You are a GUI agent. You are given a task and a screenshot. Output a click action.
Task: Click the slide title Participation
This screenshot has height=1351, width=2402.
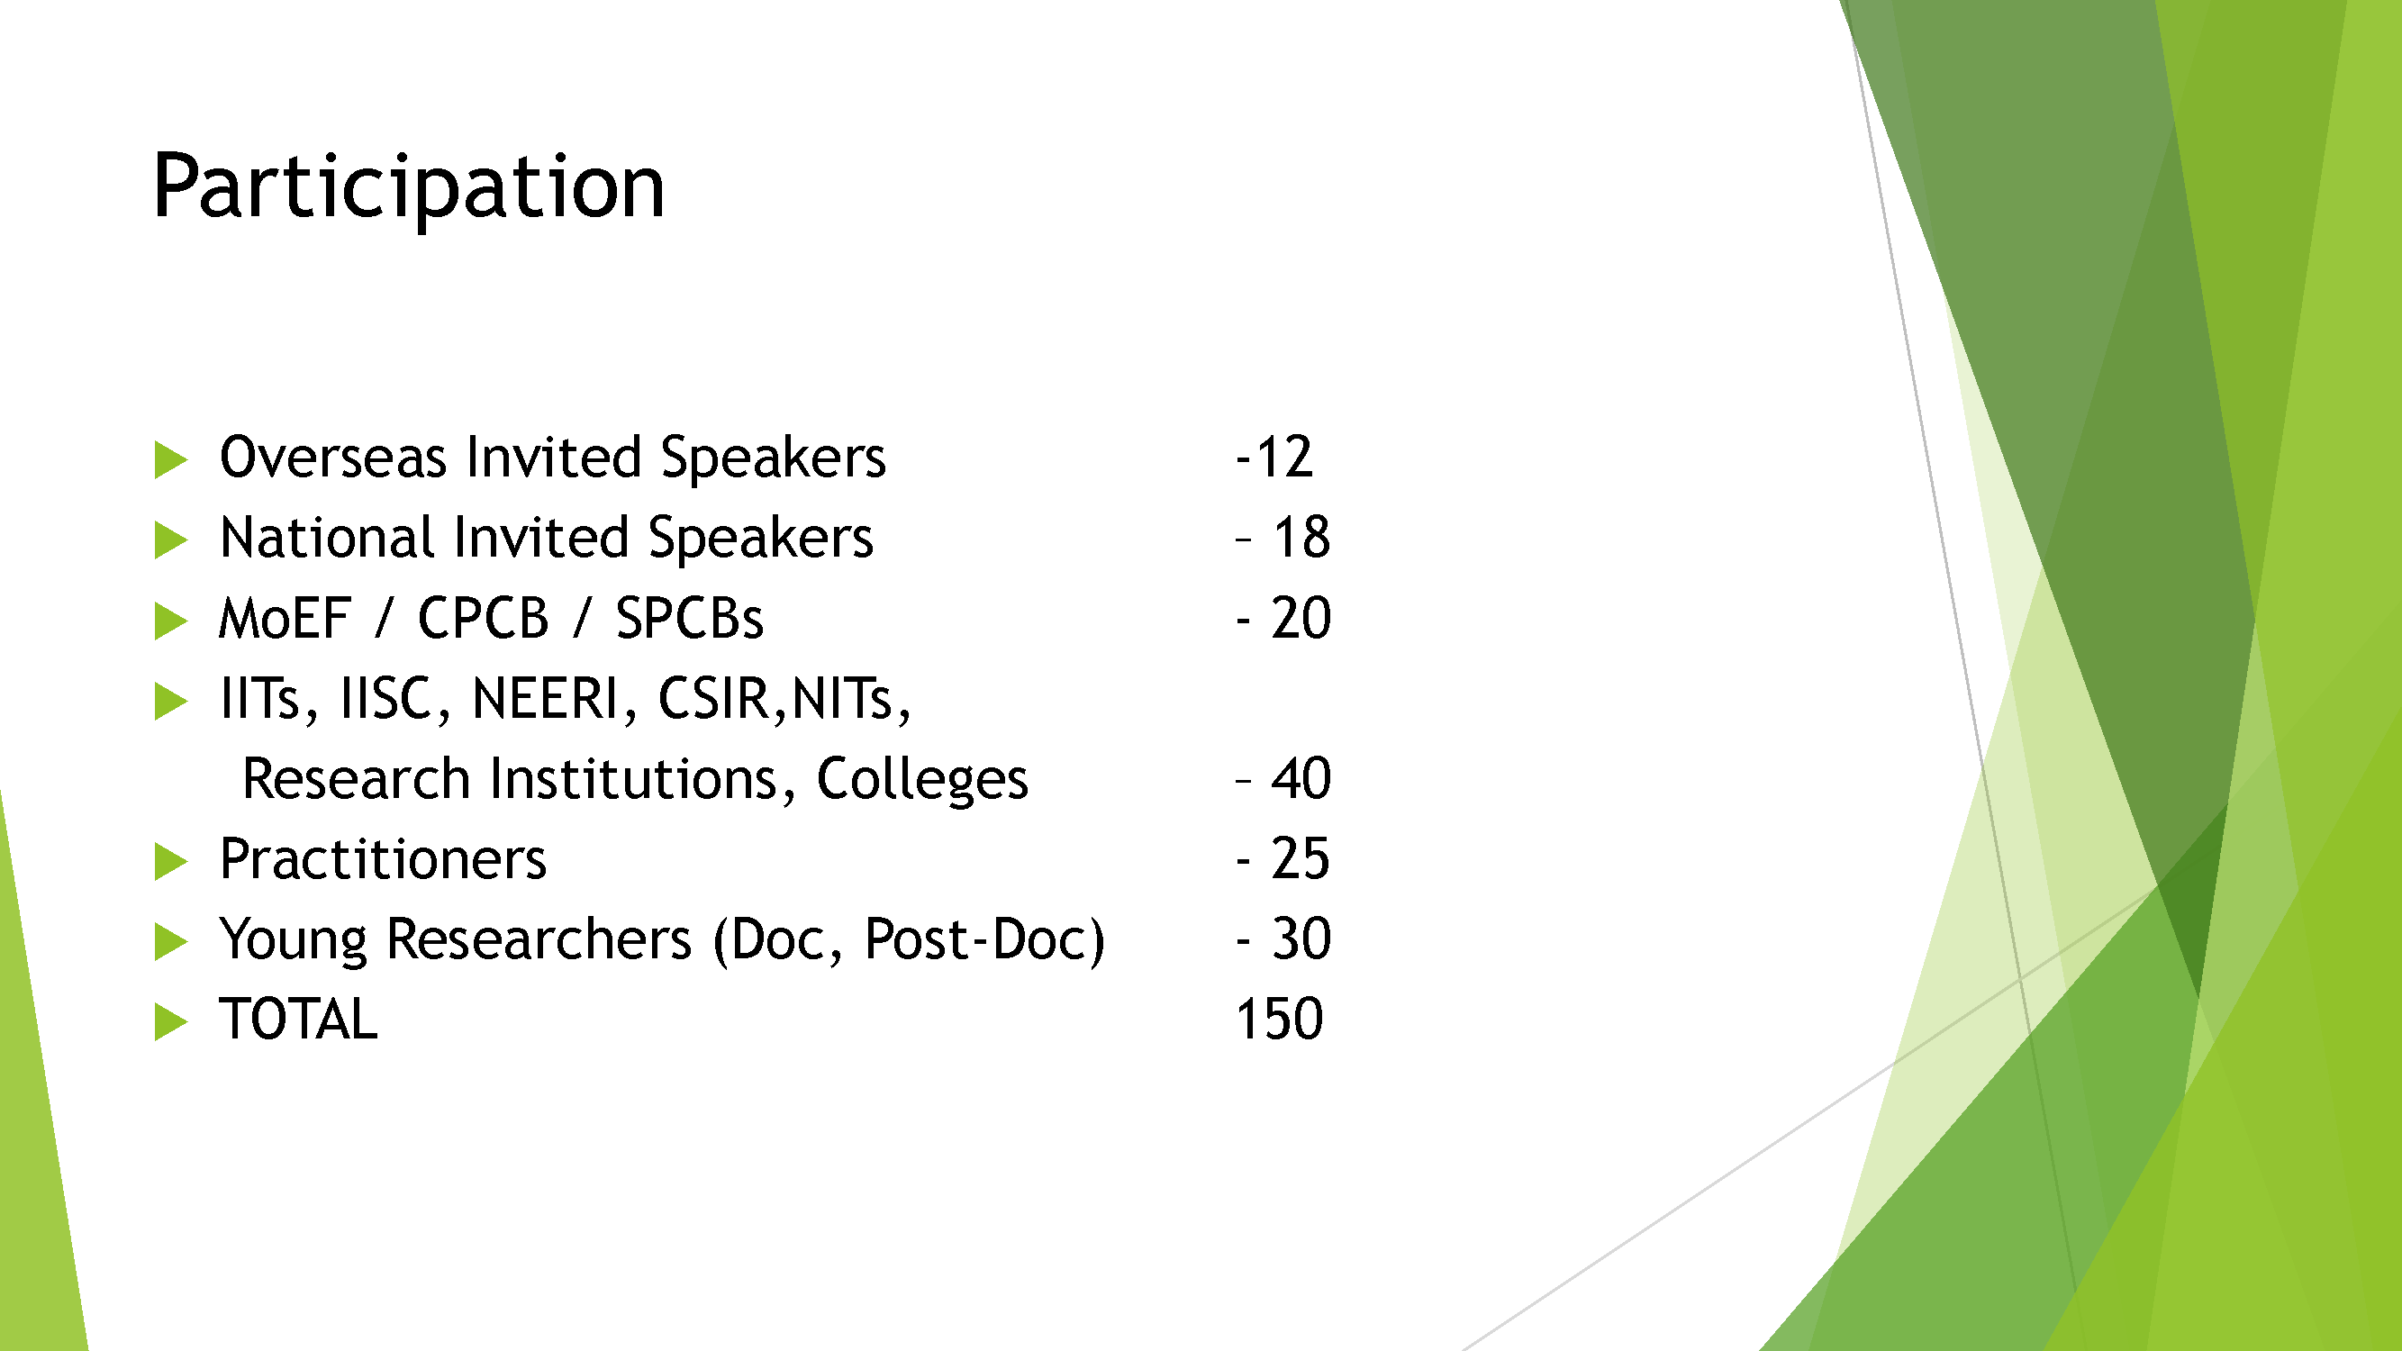tap(408, 187)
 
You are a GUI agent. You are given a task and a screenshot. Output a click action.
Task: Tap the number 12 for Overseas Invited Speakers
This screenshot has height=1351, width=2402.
tap(1285, 458)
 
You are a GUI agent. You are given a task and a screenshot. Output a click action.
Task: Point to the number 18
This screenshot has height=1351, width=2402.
tap(1301, 538)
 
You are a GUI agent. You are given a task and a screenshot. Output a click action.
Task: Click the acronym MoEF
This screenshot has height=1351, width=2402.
tap(285, 618)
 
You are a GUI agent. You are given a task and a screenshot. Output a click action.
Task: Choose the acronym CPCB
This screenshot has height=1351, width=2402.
tap(483, 618)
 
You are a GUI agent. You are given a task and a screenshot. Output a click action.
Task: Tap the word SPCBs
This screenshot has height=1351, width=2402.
tap(689, 618)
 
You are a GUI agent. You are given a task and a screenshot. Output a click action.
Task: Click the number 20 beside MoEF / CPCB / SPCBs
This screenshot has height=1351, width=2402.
tap(1301, 618)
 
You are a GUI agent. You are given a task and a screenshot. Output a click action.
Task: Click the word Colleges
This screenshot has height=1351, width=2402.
tap(922, 780)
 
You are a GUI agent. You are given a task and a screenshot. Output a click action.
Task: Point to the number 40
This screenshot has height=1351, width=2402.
tap(1301, 778)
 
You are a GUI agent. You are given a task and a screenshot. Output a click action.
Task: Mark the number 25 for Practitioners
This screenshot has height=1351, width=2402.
tap(1301, 858)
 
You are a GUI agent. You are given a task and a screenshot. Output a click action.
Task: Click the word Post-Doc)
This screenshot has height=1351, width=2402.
tap(984, 939)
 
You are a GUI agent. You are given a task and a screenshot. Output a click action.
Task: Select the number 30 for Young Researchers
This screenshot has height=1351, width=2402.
tap(1301, 938)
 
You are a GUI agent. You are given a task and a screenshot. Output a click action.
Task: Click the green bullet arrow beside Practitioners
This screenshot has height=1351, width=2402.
tap(169, 862)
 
